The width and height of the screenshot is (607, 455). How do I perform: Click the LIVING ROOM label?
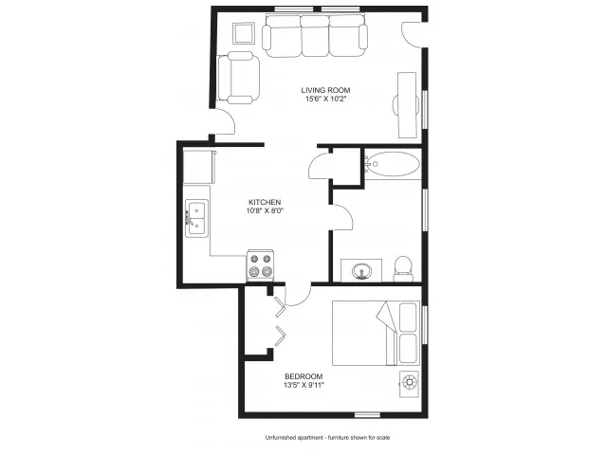325,90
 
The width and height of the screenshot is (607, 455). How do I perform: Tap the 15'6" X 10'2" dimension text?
325,99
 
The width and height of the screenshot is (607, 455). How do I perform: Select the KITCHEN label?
265,202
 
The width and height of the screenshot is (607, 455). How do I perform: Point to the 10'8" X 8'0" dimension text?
265,210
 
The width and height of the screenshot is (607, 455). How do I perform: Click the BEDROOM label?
303,376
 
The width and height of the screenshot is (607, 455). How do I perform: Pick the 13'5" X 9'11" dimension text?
303,385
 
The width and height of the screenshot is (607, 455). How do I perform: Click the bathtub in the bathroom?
393,164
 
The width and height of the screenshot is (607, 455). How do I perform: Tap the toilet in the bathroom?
403,269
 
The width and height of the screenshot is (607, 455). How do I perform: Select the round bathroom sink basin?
362,271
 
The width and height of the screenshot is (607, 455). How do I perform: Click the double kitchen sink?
196,218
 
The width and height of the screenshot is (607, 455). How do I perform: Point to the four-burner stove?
261,265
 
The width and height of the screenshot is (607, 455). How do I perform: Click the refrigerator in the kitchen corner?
199,167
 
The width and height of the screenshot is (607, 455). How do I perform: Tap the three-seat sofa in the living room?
315,36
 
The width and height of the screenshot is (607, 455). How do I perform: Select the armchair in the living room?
238,78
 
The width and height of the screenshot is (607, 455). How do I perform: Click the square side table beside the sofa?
244,33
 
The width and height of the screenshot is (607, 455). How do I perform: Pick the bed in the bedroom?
376,333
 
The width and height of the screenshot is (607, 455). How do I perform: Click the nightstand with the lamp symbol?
409,384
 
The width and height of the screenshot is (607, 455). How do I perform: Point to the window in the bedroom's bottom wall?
367,415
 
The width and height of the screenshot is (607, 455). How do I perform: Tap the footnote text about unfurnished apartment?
327,438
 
